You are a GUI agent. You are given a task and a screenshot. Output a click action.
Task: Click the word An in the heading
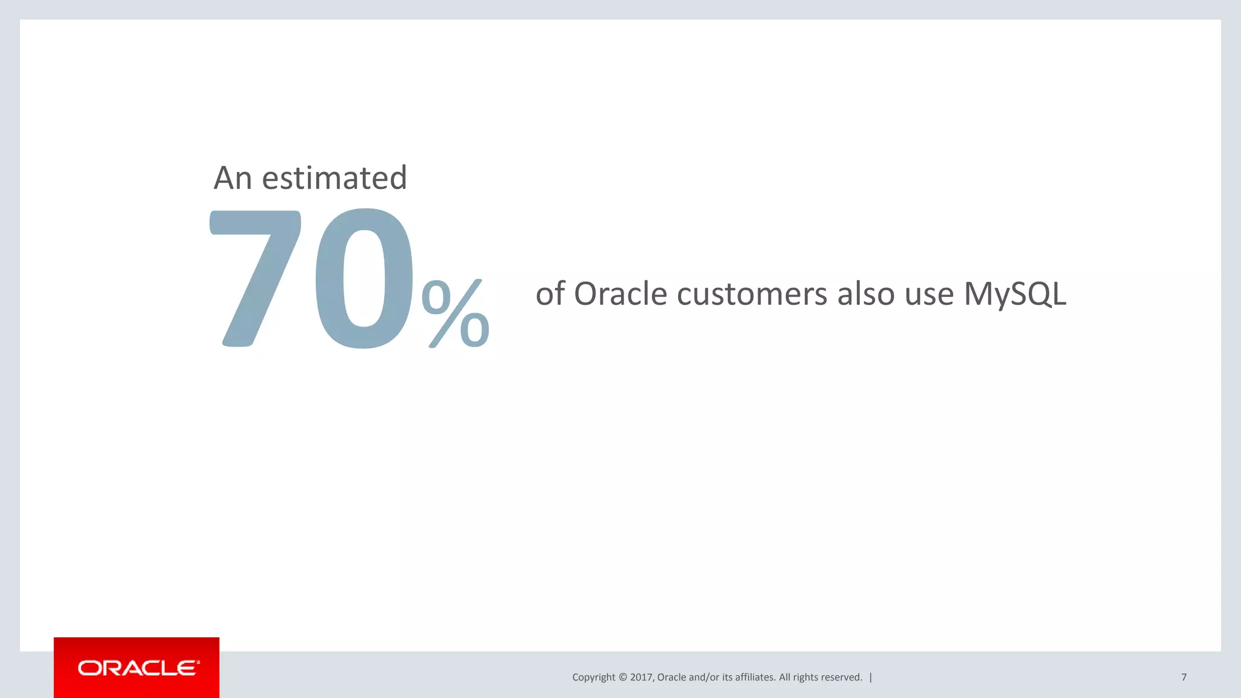(x=233, y=178)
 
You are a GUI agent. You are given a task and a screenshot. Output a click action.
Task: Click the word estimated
(x=334, y=178)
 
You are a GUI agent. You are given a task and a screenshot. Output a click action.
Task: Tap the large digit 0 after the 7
(x=364, y=279)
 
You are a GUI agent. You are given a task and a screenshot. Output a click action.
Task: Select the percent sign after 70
(x=456, y=313)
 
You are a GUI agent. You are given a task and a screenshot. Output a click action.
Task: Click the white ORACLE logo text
(x=138, y=668)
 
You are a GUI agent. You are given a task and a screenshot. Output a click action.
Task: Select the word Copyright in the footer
(x=593, y=677)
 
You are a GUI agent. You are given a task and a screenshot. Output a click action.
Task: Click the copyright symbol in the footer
(x=623, y=677)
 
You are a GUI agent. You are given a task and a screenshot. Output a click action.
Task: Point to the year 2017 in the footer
(x=641, y=677)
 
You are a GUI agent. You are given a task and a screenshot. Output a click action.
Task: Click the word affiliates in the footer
(x=755, y=677)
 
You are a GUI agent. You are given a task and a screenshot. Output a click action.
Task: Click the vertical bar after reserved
(x=871, y=677)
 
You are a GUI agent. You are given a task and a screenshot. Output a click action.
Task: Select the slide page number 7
(x=1183, y=677)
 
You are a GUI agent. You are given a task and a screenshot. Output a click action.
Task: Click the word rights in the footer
(x=805, y=677)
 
